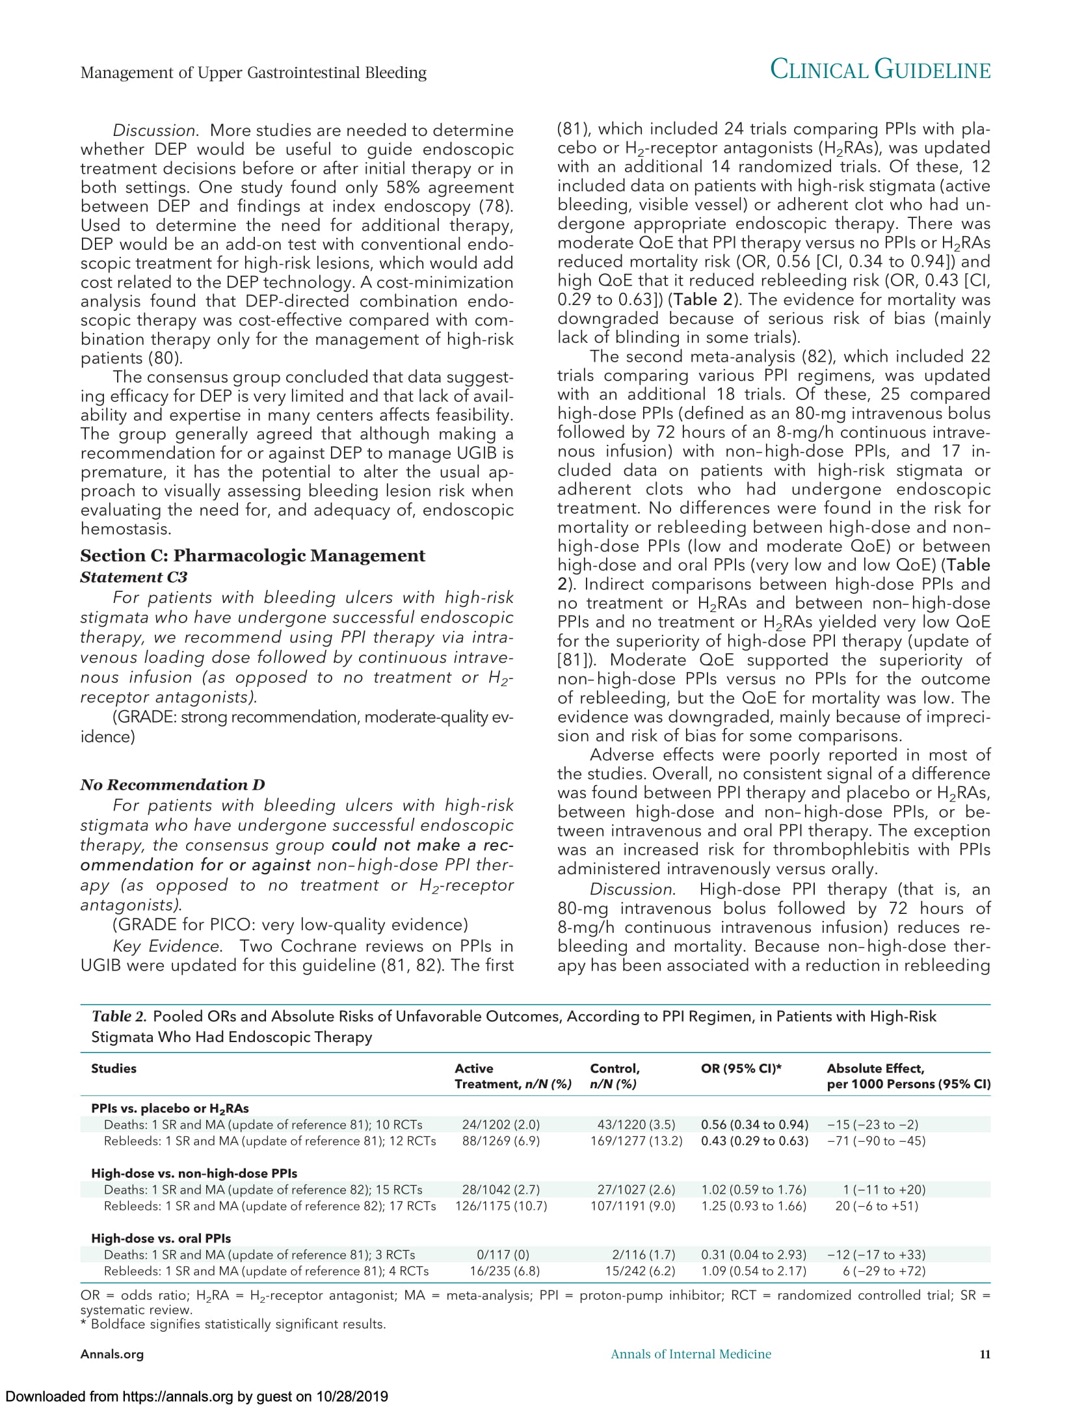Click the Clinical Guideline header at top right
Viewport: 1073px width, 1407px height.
(x=880, y=70)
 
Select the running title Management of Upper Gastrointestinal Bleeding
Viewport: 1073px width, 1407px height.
(x=254, y=72)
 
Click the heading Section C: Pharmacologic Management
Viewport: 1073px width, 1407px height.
(x=252, y=556)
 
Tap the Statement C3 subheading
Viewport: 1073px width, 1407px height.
(x=133, y=577)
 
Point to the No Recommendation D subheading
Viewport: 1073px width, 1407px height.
(x=172, y=784)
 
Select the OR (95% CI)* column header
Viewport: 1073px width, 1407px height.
(x=741, y=1068)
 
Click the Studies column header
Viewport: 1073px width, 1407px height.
(x=114, y=1068)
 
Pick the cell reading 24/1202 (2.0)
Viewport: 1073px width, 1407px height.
(x=501, y=1125)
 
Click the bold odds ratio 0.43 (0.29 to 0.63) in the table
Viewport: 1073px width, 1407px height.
(x=754, y=1141)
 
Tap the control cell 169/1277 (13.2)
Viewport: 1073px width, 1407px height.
(x=636, y=1141)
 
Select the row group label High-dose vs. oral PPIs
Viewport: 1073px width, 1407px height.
(x=161, y=1239)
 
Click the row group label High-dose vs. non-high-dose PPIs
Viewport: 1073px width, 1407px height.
(x=194, y=1173)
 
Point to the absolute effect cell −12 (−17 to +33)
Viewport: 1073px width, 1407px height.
(x=876, y=1255)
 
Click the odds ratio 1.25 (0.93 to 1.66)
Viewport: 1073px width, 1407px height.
(x=754, y=1206)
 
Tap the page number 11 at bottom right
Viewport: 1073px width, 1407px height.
(x=985, y=1354)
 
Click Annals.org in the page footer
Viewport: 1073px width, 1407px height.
(x=112, y=1354)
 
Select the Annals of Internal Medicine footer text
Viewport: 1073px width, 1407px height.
(x=691, y=1354)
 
